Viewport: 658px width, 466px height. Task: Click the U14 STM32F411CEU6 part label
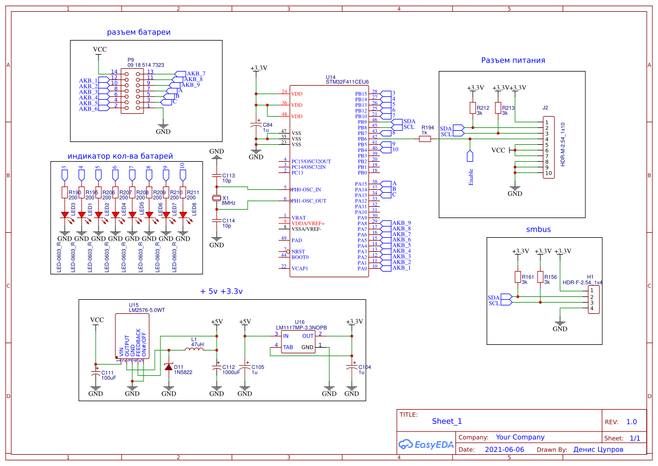tap(347, 82)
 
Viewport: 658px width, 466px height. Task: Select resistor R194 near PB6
tap(426, 139)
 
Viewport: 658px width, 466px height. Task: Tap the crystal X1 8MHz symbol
tap(217, 198)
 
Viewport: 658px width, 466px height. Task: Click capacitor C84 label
tap(267, 127)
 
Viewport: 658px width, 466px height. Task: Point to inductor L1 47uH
tap(194, 349)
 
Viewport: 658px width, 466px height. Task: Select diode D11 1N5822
tap(168, 366)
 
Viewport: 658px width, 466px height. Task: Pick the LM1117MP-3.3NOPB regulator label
tap(301, 327)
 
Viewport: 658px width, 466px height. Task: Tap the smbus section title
tap(538, 229)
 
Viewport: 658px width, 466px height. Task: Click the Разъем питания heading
tap(513, 60)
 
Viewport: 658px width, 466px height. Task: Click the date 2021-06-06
tap(504, 450)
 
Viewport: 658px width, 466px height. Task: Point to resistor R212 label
tap(482, 108)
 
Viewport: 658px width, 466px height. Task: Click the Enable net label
tap(471, 176)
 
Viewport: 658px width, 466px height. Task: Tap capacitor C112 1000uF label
tap(231, 370)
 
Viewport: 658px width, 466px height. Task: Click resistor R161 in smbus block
tap(518, 277)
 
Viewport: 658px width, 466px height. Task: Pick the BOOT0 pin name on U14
tap(299, 257)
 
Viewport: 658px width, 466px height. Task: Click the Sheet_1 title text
tap(446, 421)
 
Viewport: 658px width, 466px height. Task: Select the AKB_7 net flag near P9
tap(195, 74)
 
